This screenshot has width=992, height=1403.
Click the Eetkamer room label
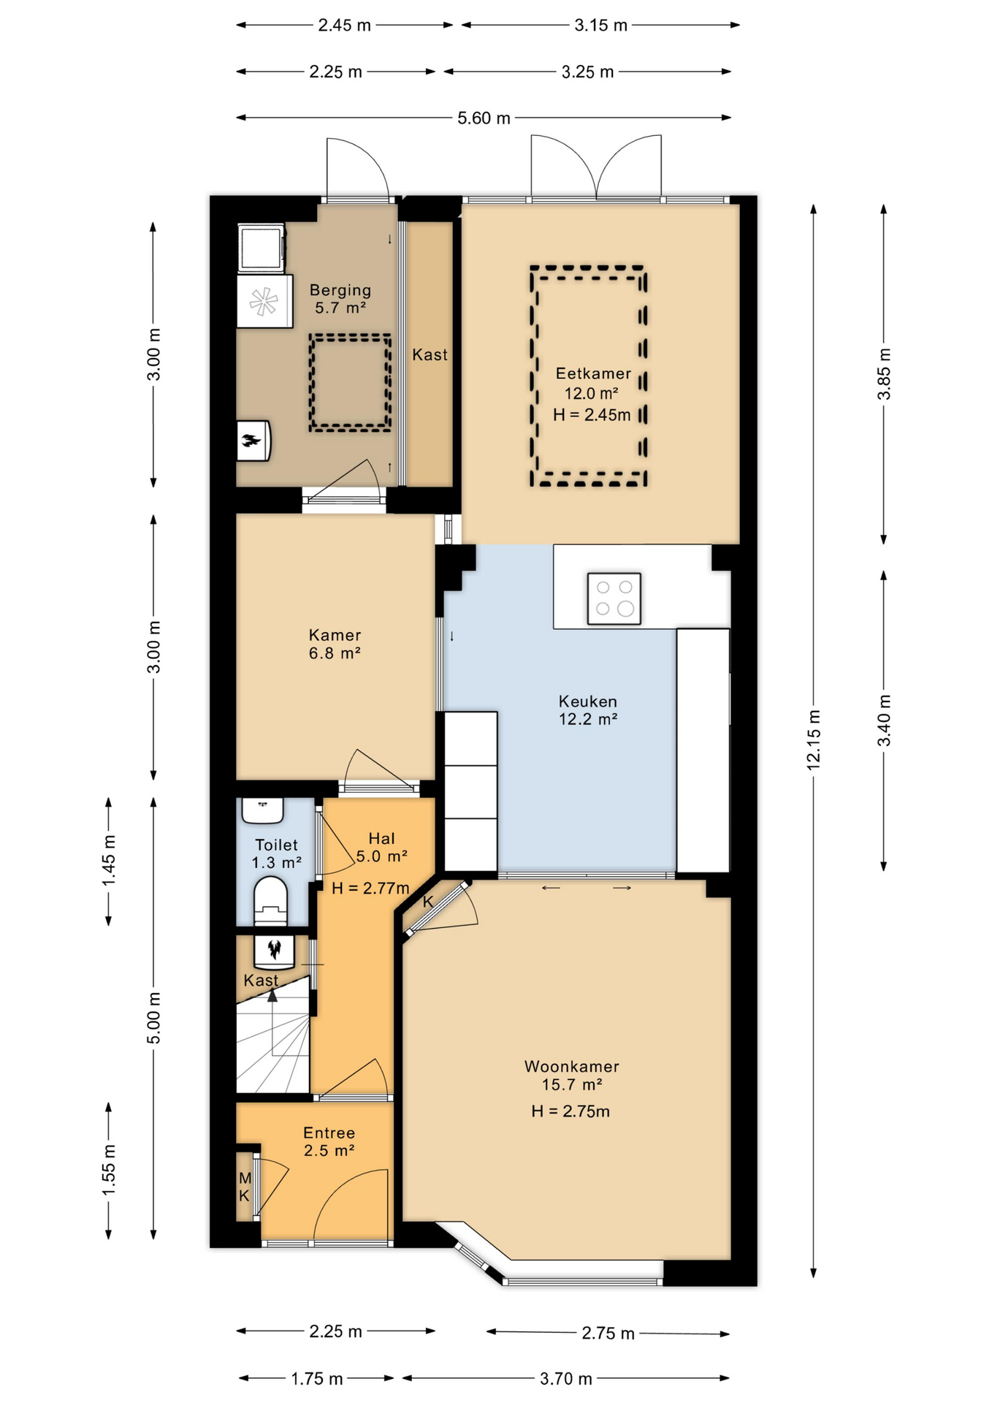(x=592, y=373)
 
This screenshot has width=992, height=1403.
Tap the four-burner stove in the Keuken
(x=614, y=598)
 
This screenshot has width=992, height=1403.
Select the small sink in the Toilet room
(x=262, y=810)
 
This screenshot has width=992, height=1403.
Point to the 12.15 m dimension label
(x=814, y=739)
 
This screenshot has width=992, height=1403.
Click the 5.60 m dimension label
(x=484, y=118)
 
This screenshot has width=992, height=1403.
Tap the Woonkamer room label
(x=571, y=1066)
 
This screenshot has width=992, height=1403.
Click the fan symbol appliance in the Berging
(x=264, y=301)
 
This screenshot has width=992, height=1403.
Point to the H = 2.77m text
(x=370, y=888)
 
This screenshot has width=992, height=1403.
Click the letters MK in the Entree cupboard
(x=245, y=1187)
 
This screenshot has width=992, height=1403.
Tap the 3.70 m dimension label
(x=565, y=1378)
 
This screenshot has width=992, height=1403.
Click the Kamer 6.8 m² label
(x=335, y=644)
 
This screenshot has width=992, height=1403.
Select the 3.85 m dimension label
(x=884, y=374)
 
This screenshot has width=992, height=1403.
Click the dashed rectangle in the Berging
(x=350, y=383)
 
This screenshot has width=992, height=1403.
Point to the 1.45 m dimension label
(x=109, y=860)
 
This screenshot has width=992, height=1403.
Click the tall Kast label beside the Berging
(x=430, y=354)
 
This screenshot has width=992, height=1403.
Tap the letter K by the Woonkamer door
(x=428, y=902)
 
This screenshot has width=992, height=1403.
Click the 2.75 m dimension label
(x=608, y=1333)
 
